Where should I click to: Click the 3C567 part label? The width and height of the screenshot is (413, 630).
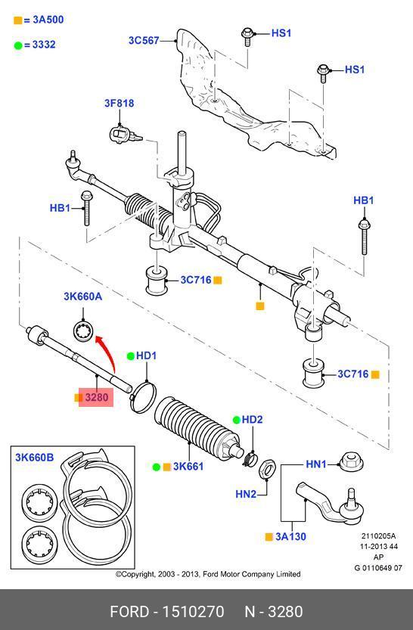click(x=144, y=40)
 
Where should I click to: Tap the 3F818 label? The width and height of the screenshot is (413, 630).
click(x=120, y=104)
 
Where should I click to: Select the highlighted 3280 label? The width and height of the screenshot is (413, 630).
click(x=96, y=397)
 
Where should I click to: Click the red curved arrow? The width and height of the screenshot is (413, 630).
click(x=107, y=350)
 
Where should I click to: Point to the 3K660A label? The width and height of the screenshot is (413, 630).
click(x=82, y=296)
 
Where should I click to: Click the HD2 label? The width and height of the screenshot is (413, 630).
click(x=252, y=420)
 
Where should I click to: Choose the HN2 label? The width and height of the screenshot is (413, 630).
click(x=246, y=494)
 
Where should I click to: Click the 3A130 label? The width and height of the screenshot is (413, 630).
click(x=290, y=536)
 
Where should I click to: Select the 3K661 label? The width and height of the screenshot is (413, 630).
click(x=188, y=467)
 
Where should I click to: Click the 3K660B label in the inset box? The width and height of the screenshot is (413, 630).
click(x=35, y=458)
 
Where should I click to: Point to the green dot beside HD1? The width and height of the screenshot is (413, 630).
click(x=131, y=356)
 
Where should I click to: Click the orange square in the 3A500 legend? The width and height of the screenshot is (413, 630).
click(x=17, y=20)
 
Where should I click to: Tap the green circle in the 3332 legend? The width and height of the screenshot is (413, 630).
click(x=17, y=45)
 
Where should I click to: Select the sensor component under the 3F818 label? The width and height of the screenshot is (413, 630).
click(x=125, y=135)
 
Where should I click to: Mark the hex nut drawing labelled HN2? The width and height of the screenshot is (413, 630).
click(x=267, y=469)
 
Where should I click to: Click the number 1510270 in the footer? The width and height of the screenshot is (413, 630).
click(x=193, y=612)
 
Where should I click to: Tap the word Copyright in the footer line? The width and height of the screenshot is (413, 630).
click(x=138, y=574)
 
